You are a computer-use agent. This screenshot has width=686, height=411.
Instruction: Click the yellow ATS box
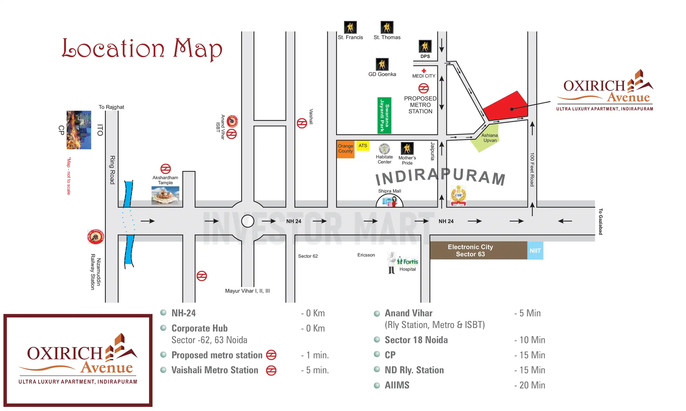pyautogui.click(x=363, y=146)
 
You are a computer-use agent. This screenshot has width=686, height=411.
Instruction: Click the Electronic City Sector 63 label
pyautogui.click(x=470, y=250)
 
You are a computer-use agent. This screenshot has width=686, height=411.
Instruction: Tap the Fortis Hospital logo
pyautogui.click(x=407, y=261)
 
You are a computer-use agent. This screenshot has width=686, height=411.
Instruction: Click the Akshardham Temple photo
pyautogui.click(x=165, y=195)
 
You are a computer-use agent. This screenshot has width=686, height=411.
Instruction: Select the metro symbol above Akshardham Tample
pyautogui.click(x=166, y=169)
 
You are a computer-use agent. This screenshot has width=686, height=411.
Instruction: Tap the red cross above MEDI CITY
pyautogui.click(x=424, y=71)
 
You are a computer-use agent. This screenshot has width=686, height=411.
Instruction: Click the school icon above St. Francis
pyautogui.click(x=350, y=27)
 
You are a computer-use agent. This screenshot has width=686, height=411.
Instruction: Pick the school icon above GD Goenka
pyautogui.click(x=382, y=64)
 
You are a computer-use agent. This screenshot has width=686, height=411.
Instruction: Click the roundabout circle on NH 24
pyautogui.click(x=248, y=221)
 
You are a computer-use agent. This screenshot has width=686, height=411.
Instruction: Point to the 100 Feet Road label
pyautogui.click(x=532, y=169)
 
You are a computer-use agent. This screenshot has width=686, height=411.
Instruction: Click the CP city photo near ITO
pyautogui.click(x=79, y=130)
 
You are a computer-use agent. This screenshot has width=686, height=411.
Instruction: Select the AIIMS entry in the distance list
pyautogui.click(x=397, y=385)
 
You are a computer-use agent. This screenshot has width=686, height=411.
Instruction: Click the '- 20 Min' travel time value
pyautogui.click(x=530, y=385)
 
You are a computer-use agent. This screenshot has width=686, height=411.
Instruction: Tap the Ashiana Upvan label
pyautogui.click(x=489, y=138)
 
